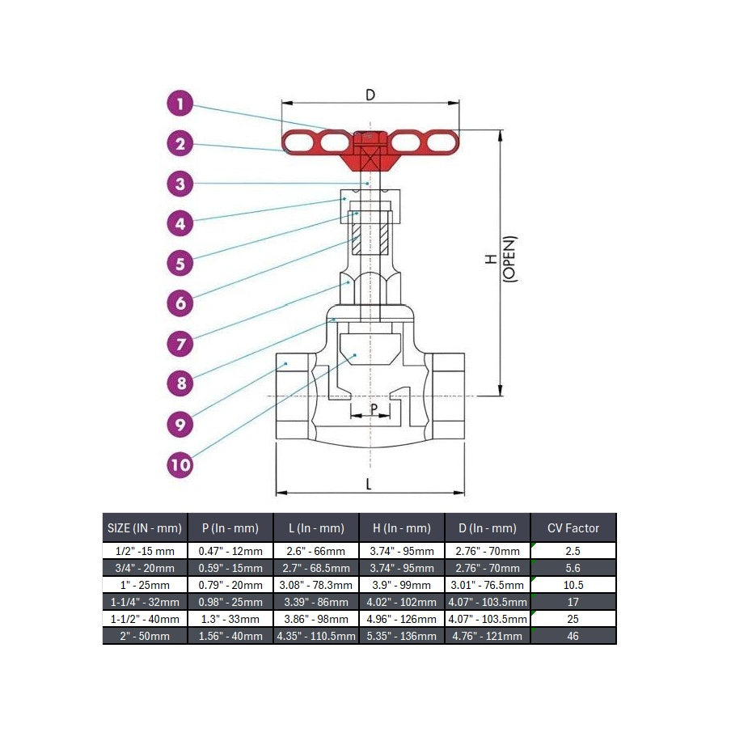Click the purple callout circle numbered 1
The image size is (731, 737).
click(x=180, y=104)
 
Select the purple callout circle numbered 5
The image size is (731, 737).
click(x=180, y=264)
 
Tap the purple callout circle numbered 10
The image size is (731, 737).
click(x=180, y=465)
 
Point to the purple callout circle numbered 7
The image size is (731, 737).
click(x=180, y=344)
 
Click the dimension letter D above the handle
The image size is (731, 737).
click(x=370, y=95)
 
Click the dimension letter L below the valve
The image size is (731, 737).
click(x=369, y=484)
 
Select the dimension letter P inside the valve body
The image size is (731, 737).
click(x=374, y=409)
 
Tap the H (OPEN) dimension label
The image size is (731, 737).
click(x=501, y=258)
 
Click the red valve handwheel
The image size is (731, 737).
click(x=370, y=146)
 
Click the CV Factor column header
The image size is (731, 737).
click(x=573, y=528)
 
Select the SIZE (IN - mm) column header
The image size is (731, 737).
click(x=145, y=528)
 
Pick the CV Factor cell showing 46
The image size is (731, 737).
click(x=573, y=637)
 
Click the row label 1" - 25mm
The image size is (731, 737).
click(x=145, y=585)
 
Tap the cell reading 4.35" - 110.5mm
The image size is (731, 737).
click(x=316, y=637)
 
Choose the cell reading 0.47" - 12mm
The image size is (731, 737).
click(x=230, y=551)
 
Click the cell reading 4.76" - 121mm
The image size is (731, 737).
click(x=488, y=637)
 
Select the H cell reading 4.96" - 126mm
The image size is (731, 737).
click(x=402, y=619)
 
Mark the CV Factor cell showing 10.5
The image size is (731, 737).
click(x=573, y=585)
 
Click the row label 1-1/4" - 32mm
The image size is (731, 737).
click(x=145, y=602)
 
